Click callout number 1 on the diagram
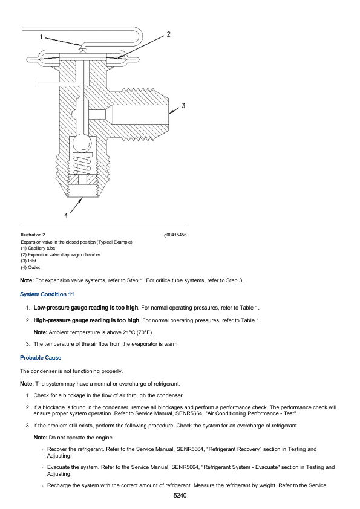[x=42, y=37]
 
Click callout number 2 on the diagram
[x=168, y=34]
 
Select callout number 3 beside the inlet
[x=183, y=106]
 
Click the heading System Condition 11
[x=47, y=294]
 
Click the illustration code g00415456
[x=175, y=235]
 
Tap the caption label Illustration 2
[x=33, y=235]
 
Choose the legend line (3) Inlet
[x=28, y=261]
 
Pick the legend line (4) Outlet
[x=30, y=267]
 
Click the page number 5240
[x=180, y=496]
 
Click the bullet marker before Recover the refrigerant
[x=44, y=449]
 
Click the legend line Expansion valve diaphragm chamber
[x=63, y=254]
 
